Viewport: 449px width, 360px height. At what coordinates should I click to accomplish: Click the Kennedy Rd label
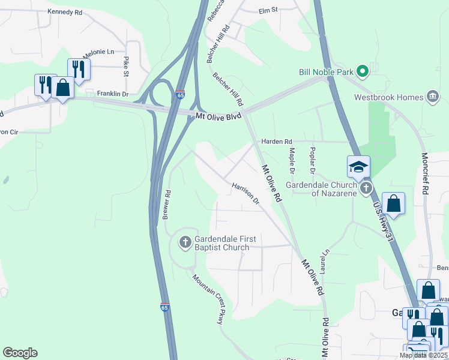click(68, 11)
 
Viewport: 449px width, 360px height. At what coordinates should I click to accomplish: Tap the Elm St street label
click(268, 10)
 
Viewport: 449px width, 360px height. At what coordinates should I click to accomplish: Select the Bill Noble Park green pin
click(362, 72)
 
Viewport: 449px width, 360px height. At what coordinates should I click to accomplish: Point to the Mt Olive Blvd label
click(218, 115)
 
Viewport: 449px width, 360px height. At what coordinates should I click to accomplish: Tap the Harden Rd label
click(276, 142)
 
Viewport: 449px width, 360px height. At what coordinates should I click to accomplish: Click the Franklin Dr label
click(113, 94)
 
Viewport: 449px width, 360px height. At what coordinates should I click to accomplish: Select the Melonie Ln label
click(98, 53)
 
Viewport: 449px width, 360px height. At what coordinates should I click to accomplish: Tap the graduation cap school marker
click(358, 167)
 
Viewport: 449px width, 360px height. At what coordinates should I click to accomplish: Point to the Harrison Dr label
click(246, 193)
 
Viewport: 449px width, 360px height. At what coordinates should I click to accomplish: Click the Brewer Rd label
click(167, 204)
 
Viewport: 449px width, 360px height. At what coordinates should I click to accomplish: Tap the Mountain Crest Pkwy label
click(208, 298)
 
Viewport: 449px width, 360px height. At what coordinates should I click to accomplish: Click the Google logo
click(20, 353)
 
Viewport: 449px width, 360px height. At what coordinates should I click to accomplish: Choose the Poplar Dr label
click(312, 160)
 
